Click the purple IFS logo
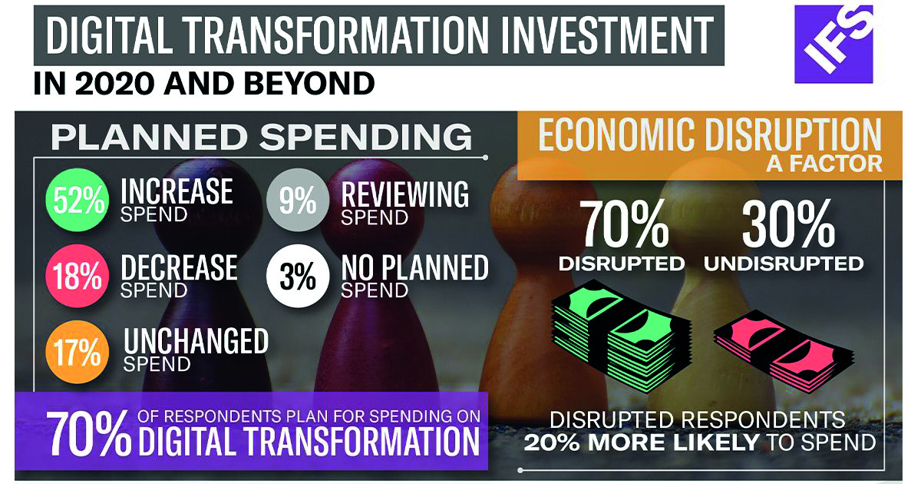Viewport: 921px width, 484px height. (x=834, y=44)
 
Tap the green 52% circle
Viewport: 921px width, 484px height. (x=78, y=200)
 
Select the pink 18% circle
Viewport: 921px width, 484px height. (x=78, y=276)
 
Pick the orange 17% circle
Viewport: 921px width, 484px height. (x=78, y=353)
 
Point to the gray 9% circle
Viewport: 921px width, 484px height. (x=298, y=200)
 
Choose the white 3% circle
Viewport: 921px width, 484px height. (x=298, y=276)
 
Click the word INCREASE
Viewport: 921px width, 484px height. (x=177, y=191)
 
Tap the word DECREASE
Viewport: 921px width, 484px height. (x=179, y=267)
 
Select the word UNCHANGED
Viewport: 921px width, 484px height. (x=196, y=341)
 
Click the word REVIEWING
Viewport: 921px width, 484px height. (x=405, y=194)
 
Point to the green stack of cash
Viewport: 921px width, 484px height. (x=622, y=336)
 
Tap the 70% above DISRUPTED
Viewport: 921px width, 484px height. (x=623, y=224)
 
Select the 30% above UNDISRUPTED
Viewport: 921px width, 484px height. (x=788, y=224)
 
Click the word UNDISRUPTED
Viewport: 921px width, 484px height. (x=784, y=264)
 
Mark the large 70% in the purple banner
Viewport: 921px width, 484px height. (x=88, y=433)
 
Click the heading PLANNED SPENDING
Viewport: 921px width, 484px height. (x=262, y=137)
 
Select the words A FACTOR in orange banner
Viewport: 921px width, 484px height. (x=824, y=164)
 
